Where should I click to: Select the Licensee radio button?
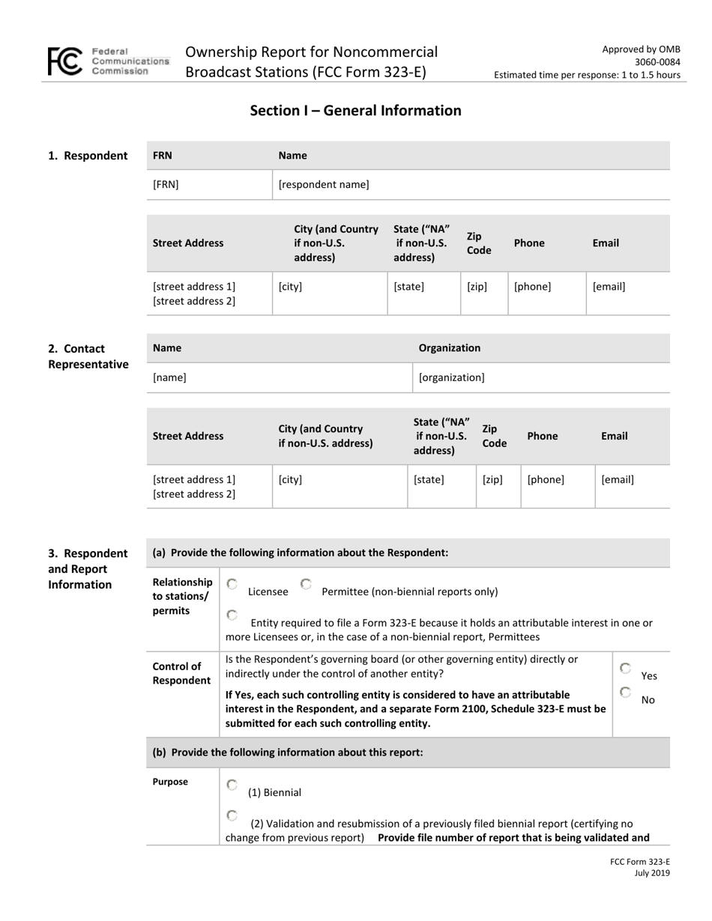pyautogui.click(x=232, y=584)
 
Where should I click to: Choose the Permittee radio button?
pyautogui.click(x=306, y=584)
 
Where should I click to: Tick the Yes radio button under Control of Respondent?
pyautogui.click(x=626, y=668)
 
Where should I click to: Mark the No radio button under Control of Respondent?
pyautogui.click(x=626, y=693)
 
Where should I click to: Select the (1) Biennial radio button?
pyautogui.click(x=232, y=785)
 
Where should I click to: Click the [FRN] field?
pyautogui.click(x=166, y=184)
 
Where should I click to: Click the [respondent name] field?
pyautogui.click(x=324, y=184)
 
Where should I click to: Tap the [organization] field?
pyautogui.click(x=451, y=377)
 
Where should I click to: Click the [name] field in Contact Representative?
pyautogui.click(x=169, y=377)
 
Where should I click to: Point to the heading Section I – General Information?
pyautogui.click(x=355, y=111)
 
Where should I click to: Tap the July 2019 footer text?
pyautogui.click(x=652, y=873)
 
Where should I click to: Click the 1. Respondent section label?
pyautogui.click(x=88, y=156)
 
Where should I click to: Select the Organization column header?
pyautogui.click(x=450, y=347)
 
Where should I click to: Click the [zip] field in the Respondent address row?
pyautogui.click(x=477, y=286)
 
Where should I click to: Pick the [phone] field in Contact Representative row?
pyautogui.click(x=546, y=479)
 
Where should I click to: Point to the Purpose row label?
pyautogui.click(x=170, y=782)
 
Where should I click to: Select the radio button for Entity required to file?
pyautogui.click(x=232, y=615)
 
